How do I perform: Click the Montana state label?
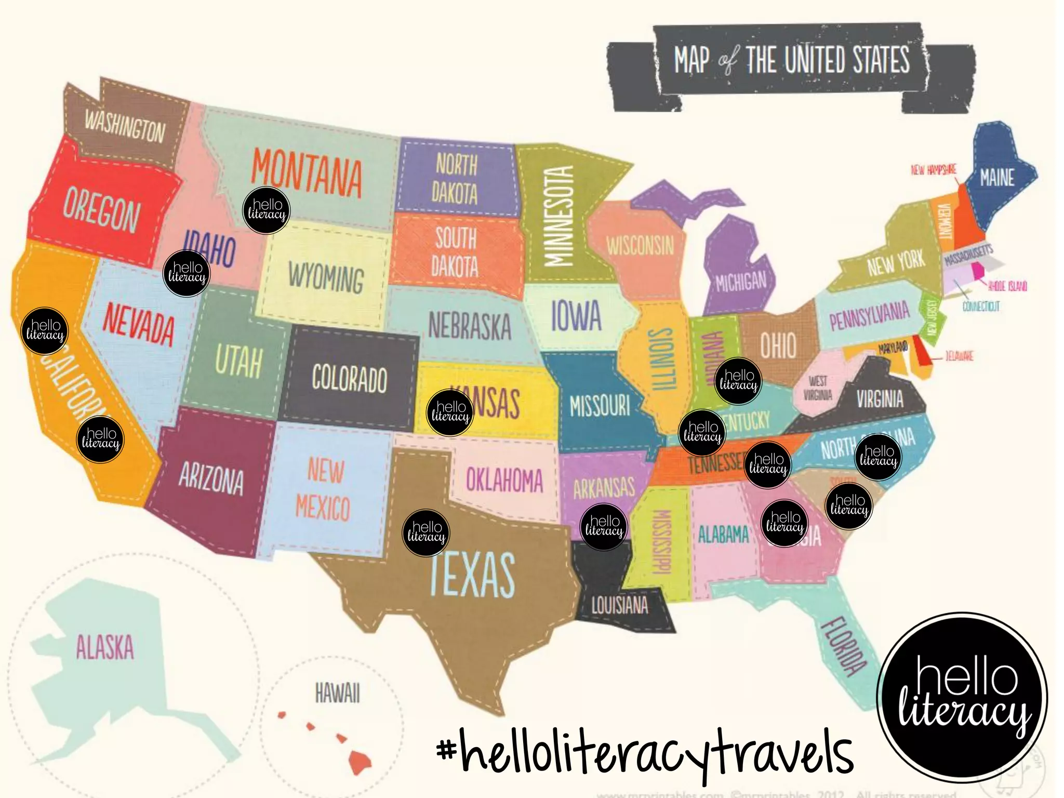pyautogui.click(x=307, y=173)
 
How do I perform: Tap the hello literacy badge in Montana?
pyautogui.click(x=267, y=210)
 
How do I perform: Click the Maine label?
pyautogui.click(x=997, y=178)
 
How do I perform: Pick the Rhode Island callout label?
pyautogui.click(x=1007, y=286)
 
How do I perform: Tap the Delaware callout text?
pyautogui.click(x=959, y=356)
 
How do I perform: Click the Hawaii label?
pyautogui.click(x=337, y=694)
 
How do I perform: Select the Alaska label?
pyautogui.click(x=105, y=647)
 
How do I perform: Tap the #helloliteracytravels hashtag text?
pyautogui.click(x=645, y=753)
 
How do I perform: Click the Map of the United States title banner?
pyautogui.click(x=791, y=61)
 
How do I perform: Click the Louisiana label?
pyautogui.click(x=620, y=605)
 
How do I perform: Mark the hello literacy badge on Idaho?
pyautogui.click(x=187, y=273)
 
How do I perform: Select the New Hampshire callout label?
pyautogui.click(x=934, y=170)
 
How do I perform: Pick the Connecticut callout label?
pyautogui.click(x=981, y=306)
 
